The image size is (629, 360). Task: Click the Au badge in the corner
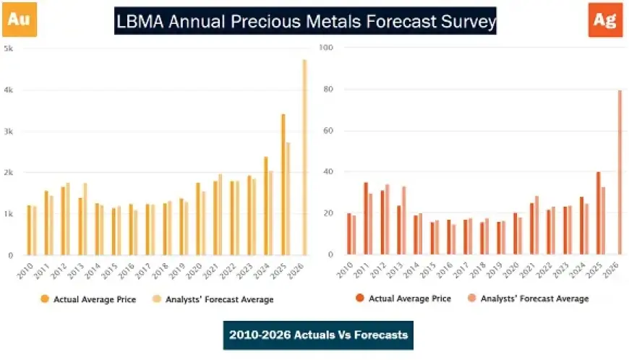pos(19,20)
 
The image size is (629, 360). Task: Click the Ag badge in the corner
pos(604,20)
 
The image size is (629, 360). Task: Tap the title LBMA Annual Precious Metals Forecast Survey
pos(306,22)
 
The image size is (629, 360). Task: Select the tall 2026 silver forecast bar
pos(620,172)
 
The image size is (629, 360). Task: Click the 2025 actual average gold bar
pos(283,184)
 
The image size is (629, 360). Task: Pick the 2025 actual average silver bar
pos(599,213)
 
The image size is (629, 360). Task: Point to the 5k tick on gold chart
pos(9,48)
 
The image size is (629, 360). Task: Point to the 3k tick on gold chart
pos(9,132)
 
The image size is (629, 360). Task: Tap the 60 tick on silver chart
pos(328,131)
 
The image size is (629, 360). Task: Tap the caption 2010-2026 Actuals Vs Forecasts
pos(318,335)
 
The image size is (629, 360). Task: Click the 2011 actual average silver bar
pos(366,218)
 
